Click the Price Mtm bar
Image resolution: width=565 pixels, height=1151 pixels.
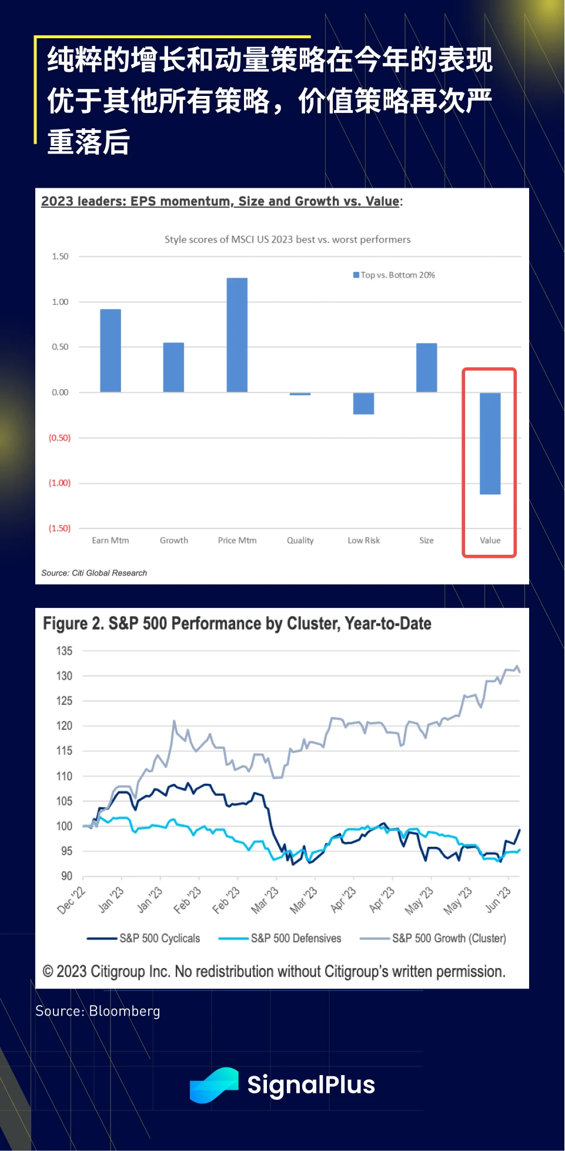coord(237,335)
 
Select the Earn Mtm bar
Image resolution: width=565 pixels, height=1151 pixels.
coord(111,351)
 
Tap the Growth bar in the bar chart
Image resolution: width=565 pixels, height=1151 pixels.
coord(173,367)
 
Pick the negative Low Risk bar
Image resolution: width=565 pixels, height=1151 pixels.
coord(363,404)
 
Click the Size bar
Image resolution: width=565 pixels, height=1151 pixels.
coord(426,367)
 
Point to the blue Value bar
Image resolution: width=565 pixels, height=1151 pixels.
coord(490,443)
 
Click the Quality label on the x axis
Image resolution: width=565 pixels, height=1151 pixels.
coord(300,540)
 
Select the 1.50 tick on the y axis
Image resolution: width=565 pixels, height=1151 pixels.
coord(60,257)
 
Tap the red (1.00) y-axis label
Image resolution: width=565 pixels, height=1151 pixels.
coord(59,483)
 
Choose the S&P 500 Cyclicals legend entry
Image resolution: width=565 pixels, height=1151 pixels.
coord(144,938)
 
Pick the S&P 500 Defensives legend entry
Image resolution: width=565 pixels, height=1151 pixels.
coord(280,938)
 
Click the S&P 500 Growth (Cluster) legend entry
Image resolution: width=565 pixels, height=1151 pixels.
coord(434,938)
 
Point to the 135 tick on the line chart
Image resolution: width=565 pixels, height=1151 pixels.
coord(64,651)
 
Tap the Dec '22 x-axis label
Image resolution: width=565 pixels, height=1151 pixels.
coord(72,900)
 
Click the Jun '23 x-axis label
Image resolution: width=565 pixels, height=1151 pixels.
coord(499,899)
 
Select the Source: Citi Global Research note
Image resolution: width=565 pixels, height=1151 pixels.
coord(94,573)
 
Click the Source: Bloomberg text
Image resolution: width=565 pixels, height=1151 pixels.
coord(98,1011)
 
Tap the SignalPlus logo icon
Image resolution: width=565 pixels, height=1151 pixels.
coord(213,1085)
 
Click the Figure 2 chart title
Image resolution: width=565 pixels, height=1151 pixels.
coord(237,623)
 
